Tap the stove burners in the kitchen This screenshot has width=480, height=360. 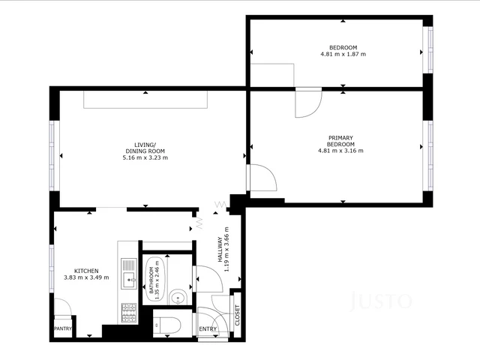pos(129,312)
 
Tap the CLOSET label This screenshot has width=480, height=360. pos(238,314)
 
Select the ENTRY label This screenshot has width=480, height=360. pos(208,328)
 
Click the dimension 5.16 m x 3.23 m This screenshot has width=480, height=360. pos(145,157)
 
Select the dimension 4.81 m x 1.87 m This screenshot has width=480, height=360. pos(342,54)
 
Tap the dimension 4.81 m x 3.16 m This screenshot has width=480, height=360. pos(340,151)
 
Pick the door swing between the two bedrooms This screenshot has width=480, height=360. pos(308,103)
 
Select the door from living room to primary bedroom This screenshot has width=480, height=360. pos(262,177)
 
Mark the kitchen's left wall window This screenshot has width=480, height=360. pos(52,267)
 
